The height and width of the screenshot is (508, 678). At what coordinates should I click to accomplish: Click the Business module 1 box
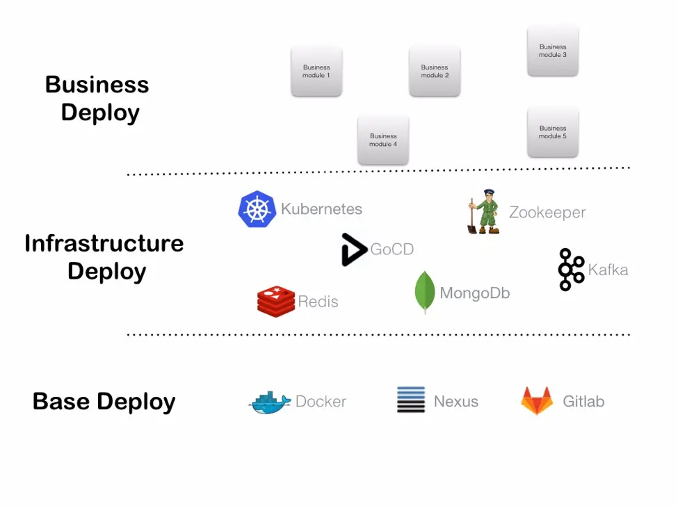[316, 71]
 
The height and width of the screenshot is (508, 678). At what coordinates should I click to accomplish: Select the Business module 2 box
[435, 71]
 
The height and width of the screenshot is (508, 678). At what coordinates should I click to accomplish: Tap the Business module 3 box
[553, 51]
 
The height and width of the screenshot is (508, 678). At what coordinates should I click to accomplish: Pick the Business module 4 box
[383, 140]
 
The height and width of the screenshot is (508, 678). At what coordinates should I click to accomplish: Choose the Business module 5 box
[553, 132]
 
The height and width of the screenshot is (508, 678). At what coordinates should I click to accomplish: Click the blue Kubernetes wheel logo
[257, 209]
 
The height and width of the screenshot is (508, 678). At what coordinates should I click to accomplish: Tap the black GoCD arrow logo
[353, 249]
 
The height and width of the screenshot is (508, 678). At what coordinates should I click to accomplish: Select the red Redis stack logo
[275, 302]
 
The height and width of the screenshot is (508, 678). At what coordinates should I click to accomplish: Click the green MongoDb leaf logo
[424, 292]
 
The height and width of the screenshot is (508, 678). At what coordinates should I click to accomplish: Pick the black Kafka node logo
[572, 269]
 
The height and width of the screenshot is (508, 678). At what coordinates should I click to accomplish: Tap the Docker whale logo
[270, 402]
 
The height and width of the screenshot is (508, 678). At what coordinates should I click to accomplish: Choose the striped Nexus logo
[411, 400]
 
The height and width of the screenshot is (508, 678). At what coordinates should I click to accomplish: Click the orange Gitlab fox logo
[537, 401]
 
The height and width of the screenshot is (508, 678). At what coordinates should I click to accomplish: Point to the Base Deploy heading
[104, 402]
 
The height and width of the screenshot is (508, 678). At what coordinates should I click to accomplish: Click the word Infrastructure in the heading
[104, 243]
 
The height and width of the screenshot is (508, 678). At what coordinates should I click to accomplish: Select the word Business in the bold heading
[97, 85]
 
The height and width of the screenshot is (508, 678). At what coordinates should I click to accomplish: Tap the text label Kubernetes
[321, 209]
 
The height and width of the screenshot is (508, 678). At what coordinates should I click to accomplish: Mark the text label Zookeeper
[547, 213]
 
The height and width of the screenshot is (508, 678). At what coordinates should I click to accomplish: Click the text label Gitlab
[583, 402]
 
